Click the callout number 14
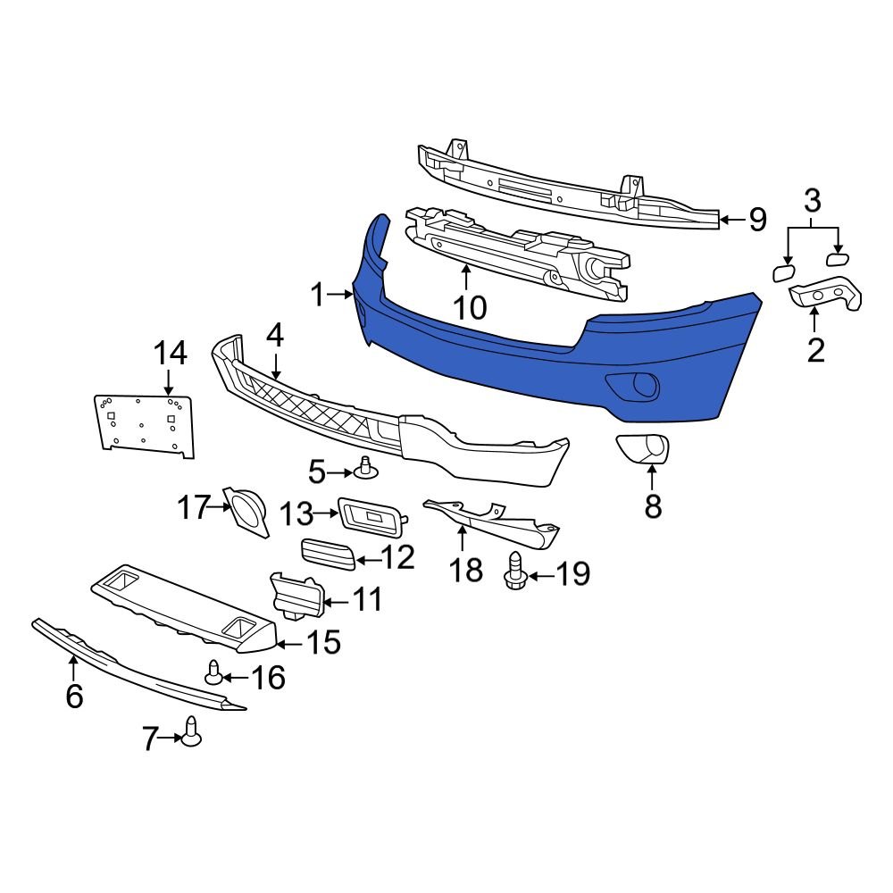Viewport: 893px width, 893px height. (x=169, y=354)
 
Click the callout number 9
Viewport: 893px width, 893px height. (x=757, y=220)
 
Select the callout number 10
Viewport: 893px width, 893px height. (x=469, y=308)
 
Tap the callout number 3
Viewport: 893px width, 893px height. (x=812, y=201)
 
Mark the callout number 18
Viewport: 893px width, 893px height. (x=465, y=569)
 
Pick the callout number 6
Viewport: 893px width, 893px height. (x=74, y=695)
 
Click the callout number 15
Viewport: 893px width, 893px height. (x=324, y=641)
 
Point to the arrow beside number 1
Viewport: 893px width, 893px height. (x=341, y=293)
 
